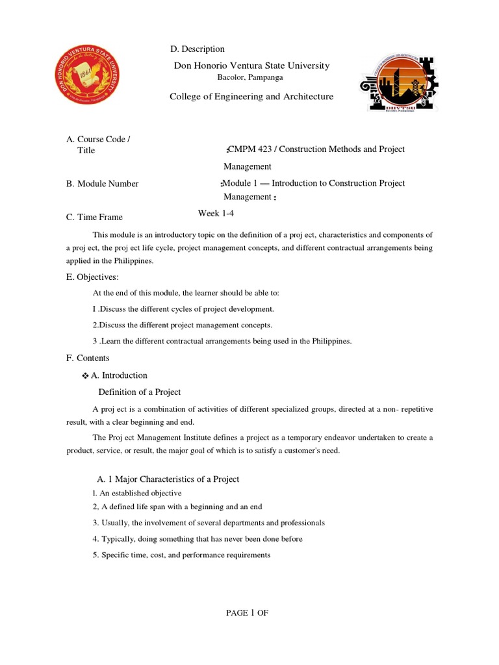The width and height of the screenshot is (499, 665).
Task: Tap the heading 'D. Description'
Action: [x=197, y=49]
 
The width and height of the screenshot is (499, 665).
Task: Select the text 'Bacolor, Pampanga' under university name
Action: [x=250, y=78]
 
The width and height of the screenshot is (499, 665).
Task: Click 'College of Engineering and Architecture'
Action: [x=251, y=97]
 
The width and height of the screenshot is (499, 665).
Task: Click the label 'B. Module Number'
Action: [x=102, y=184]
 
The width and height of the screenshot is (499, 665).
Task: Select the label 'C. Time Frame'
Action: [x=94, y=218]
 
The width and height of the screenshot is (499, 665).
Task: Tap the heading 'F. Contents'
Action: [x=88, y=358]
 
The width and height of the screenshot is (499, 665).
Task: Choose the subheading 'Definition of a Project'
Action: [x=139, y=392]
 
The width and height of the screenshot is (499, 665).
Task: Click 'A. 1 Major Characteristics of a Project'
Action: [x=168, y=479]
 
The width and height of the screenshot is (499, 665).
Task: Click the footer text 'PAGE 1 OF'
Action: [x=247, y=613]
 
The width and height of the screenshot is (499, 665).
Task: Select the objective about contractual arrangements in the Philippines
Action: [x=222, y=342]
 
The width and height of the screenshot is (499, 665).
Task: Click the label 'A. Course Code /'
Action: [x=98, y=140]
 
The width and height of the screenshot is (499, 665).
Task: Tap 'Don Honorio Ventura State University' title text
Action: [x=251, y=66]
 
